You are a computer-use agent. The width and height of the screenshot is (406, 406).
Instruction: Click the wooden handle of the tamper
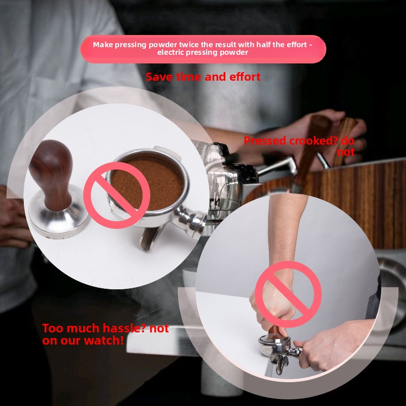(x=51, y=174)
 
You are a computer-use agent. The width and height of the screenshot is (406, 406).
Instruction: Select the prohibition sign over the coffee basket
(x=117, y=195)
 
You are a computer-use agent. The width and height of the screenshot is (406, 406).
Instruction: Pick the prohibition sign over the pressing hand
(x=288, y=294)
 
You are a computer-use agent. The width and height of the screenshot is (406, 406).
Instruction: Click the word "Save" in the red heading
(x=159, y=77)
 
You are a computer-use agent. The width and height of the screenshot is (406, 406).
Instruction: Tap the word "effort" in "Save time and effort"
(x=245, y=77)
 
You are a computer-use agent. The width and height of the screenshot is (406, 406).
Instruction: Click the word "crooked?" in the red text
(x=313, y=141)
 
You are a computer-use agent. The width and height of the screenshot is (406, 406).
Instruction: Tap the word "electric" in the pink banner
(x=171, y=52)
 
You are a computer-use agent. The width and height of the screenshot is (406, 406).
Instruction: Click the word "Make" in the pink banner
(x=103, y=45)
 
